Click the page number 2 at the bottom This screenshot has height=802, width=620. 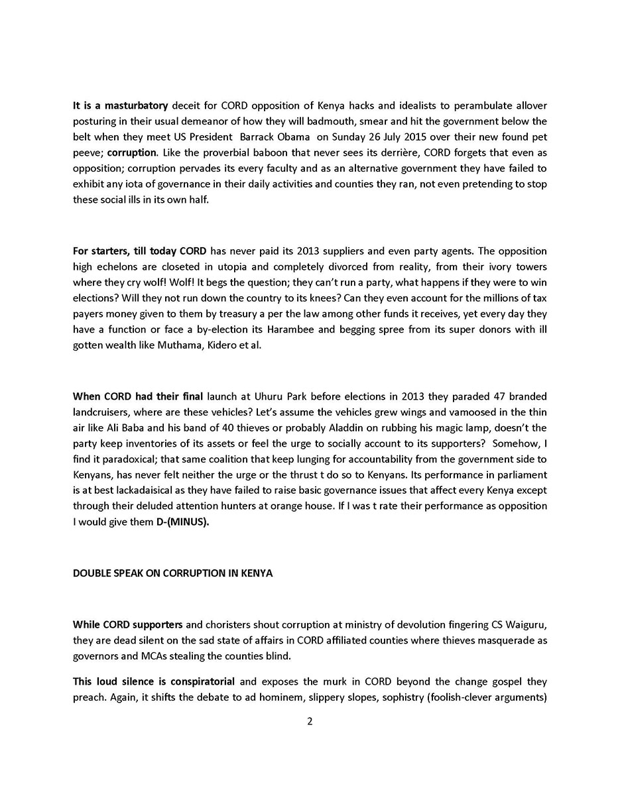[x=310, y=721]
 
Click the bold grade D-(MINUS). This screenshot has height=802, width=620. [x=182, y=522]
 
